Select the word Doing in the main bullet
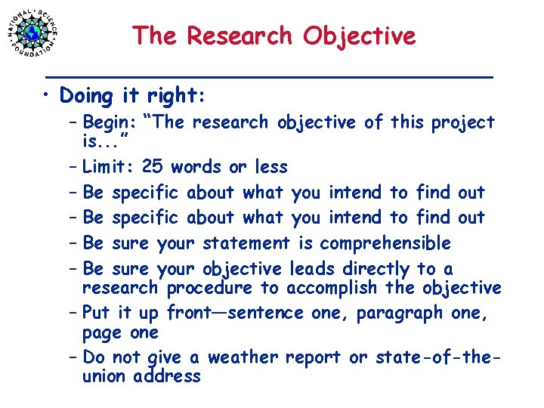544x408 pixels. (x=85, y=96)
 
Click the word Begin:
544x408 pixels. (x=109, y=122)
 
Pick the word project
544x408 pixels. (x=463, y=122)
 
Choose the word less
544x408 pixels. (x=270, y=166)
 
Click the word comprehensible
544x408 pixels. (x=385, y=243)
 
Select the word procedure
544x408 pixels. (x=209, y=288)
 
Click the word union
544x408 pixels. (x=105, y=376)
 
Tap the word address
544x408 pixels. (x=167, y=376)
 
